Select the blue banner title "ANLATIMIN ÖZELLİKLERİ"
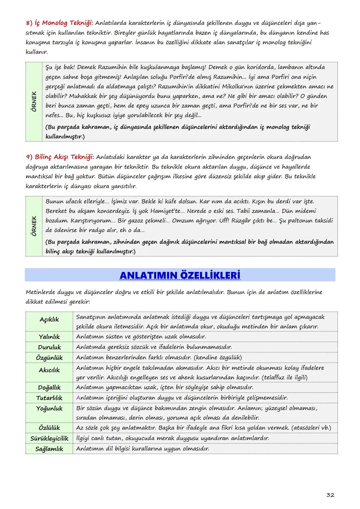tap(180, 275)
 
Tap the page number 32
tap(330, 495)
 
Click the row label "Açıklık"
tap(49, 319)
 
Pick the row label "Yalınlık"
tap(49, 337)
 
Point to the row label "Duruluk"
tap(49, 347)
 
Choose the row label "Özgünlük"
tap(49, 358)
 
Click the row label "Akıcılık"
tap(49, 370)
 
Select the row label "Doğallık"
tap(49, 387)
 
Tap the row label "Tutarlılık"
tap(49, 398)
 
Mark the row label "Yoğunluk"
tap(49, 408)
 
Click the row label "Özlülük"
tap(49, 428)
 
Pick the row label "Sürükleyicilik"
tap(49, 438)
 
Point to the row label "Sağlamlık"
tap(49, 449)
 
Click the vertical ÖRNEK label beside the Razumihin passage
tap(34, 101)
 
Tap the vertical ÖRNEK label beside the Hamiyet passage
tap(34, 226)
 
